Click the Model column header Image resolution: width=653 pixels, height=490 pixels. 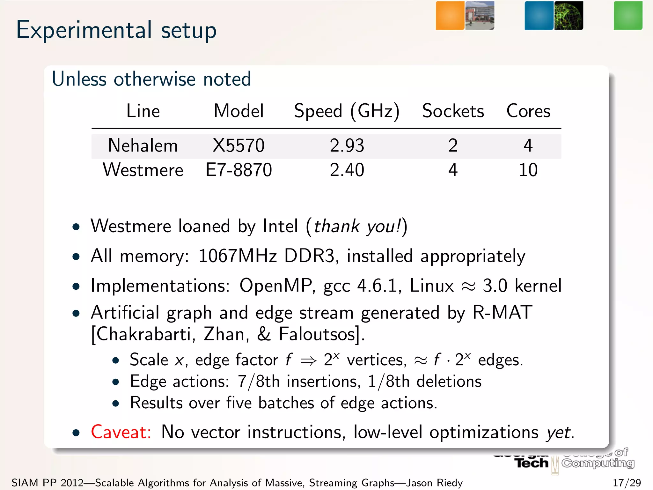238,111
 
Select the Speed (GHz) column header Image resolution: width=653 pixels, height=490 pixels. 347,111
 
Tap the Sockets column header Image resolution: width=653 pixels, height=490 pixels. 453,111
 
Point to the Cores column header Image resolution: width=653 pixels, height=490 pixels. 528,111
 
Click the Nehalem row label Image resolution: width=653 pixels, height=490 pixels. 143,145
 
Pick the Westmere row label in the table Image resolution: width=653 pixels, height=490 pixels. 143,170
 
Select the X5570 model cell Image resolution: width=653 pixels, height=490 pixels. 238,145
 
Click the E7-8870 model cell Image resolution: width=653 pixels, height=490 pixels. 238,170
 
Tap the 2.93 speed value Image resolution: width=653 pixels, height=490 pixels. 347,145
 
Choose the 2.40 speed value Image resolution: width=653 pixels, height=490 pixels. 347,170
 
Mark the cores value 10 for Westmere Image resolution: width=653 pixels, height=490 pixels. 528,170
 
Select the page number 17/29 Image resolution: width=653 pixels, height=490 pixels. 627,483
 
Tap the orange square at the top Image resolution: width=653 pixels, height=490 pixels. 450,16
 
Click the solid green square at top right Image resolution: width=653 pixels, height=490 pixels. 628,16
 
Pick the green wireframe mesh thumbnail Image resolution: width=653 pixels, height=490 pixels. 569,16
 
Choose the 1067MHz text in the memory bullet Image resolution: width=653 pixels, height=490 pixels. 238,256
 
